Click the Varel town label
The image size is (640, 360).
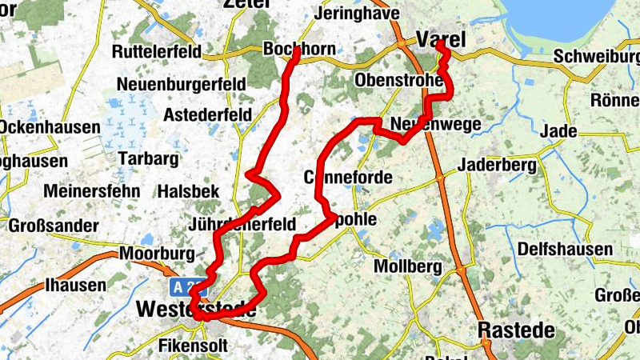point(440,39)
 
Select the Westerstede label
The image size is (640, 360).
point(196,309)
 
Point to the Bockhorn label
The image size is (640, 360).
point(299,50)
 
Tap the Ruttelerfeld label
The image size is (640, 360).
point(161,52)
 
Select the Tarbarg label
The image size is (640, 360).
point(148,158)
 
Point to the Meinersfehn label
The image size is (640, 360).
point(92,191)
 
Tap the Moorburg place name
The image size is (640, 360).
point(158,254)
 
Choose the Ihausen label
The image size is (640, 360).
point(75,285)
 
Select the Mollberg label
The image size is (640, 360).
point(408,266)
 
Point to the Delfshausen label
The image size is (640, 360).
point(564,250)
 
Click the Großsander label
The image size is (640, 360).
point(53,226)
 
